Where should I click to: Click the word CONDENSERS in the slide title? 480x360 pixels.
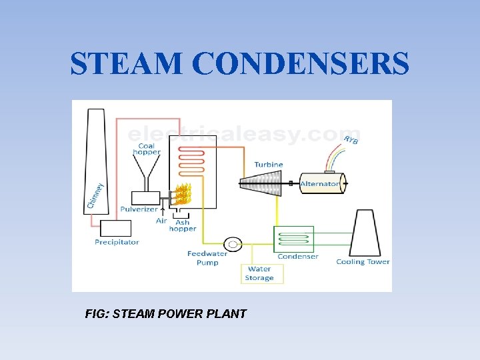coord(301,65)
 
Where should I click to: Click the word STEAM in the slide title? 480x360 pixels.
coord(127,65)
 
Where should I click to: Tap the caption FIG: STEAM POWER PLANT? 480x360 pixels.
coord(166,313)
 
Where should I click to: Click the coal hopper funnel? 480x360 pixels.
coord(146,173)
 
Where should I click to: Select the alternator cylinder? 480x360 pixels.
coord(321,183)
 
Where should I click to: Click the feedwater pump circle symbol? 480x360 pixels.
coord(233,244)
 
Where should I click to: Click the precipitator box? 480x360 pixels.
coord(115,228)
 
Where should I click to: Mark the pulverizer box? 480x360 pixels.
coord(145,198)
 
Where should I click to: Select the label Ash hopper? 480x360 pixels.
coord(183,226)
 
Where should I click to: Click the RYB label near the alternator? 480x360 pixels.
coord(351,141)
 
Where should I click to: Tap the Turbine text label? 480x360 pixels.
coord(269,165)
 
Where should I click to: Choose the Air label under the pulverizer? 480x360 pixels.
coord(161,221)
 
